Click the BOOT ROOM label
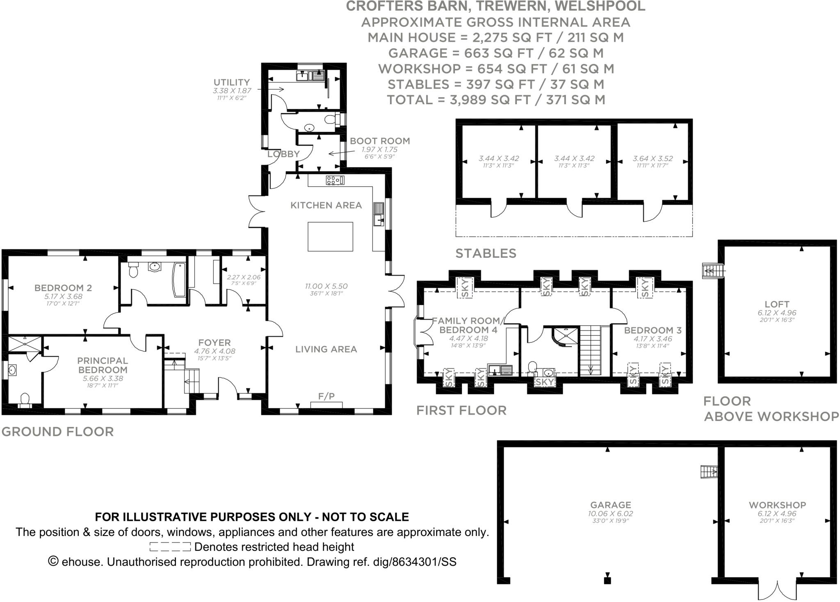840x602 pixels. click(379, 141)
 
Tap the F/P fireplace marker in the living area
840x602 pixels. click(326, 396)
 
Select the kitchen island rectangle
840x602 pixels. click(330, 236)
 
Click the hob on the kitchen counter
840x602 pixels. click(335, 180)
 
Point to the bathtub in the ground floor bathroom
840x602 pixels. click(179, 280)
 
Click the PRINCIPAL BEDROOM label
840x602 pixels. click(103, 365)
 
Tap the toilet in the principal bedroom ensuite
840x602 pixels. click(25, 398)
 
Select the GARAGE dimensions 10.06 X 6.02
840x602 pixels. click(610, 513)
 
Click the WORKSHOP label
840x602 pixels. click(777, 505)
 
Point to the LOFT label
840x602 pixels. click(777, 304)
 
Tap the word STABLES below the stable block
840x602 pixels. click(486, 254)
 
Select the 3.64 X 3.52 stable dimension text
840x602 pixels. click(653, 158)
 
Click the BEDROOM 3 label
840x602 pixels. click(653, 330)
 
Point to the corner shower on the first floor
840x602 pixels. click(562, 336)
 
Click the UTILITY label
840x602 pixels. click(231, 82)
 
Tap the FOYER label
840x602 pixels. click(214, 343)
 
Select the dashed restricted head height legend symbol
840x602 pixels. click(170, 547)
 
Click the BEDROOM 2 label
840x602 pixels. click(63, 288)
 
